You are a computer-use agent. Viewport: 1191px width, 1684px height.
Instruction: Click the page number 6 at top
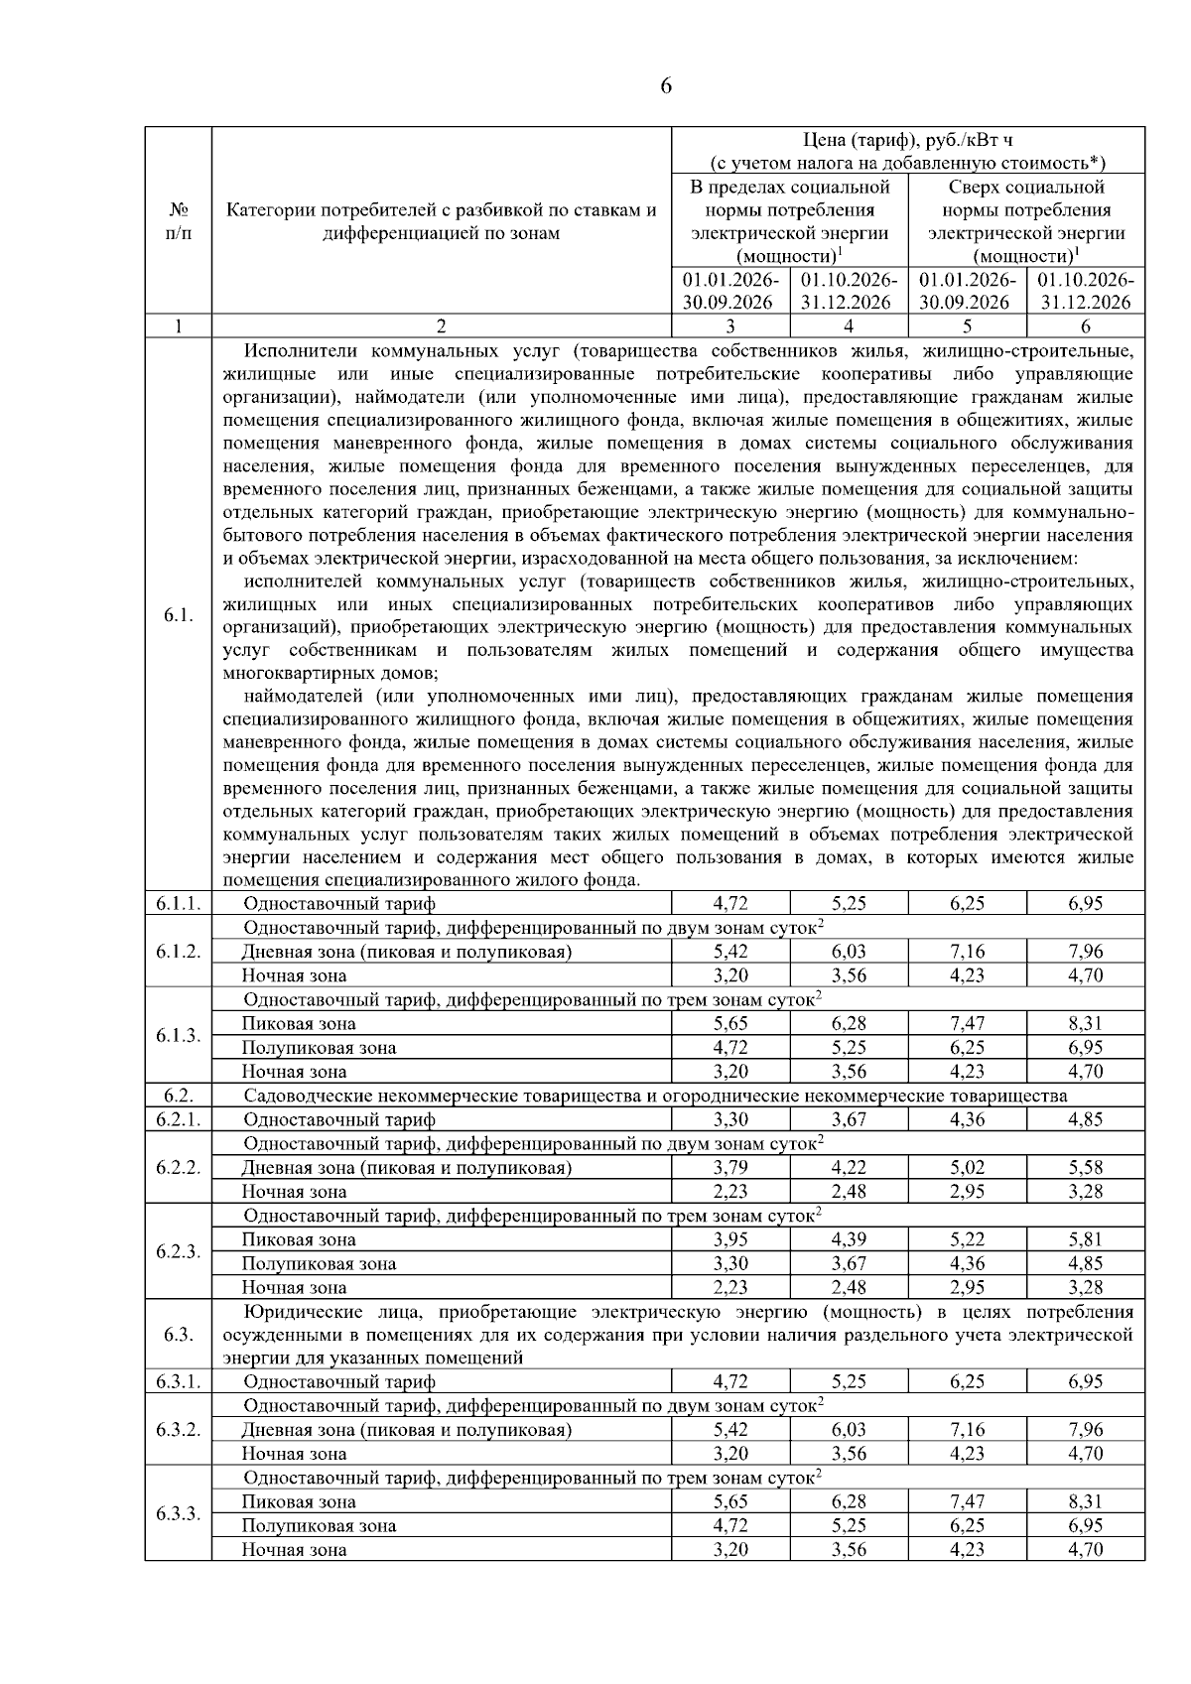coord(665,86)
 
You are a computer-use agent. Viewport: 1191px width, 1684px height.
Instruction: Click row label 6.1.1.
coord(178,903)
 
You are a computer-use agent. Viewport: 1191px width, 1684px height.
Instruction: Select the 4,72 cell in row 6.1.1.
coord(730,903)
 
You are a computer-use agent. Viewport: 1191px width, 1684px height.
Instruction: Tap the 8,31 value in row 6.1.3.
coord(1085,1023)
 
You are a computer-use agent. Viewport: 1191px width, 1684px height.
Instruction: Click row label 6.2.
coord(178,1096)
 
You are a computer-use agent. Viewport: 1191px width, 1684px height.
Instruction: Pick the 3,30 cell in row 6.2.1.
coord(730,1119)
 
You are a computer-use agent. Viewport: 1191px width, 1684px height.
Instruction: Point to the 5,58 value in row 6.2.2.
coord(1085,1167)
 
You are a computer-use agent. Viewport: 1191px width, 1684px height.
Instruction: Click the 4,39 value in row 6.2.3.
coord(849,1239)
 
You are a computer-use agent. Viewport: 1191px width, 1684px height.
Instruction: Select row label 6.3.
coord(178,1334)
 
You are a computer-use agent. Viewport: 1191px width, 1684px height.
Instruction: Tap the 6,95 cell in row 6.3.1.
coord(1085,1381)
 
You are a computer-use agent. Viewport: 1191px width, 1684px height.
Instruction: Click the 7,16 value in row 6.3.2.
coord(967,1430)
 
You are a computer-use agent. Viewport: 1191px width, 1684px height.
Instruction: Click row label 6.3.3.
coord(178,1514)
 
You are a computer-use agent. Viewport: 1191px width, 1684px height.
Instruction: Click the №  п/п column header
coord(178,221)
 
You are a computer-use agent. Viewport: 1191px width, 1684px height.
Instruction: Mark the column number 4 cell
coord(849,326)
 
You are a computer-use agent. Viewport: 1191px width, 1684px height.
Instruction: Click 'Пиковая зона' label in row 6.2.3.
coord(299,1239)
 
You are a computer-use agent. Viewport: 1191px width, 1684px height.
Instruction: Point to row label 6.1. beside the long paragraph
coord(178,615)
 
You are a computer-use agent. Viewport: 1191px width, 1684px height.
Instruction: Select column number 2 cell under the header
coord(442,326)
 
